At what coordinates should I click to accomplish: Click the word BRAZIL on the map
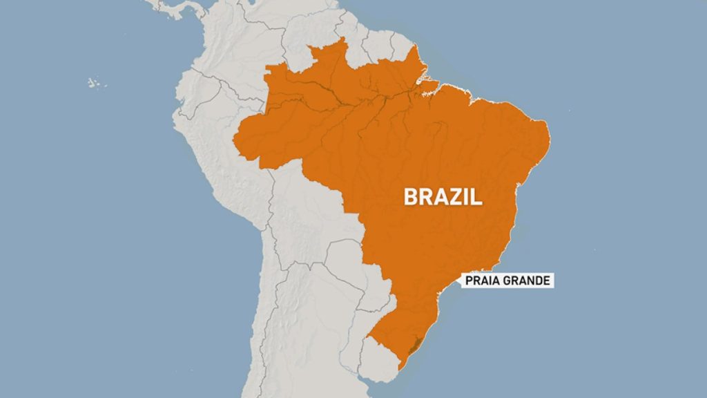443,198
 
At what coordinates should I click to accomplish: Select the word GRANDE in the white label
527,281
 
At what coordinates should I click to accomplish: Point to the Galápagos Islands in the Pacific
93,83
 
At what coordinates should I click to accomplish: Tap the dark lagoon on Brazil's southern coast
414,346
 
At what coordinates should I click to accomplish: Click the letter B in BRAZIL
411,198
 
